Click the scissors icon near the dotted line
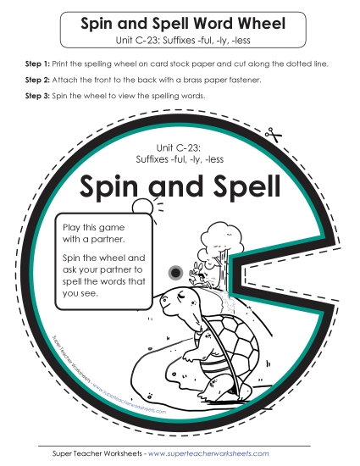coord(271,133)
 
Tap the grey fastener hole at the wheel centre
coord(175,272)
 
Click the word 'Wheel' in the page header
coord(258,25)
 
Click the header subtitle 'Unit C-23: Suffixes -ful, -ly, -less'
coord(180,40)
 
